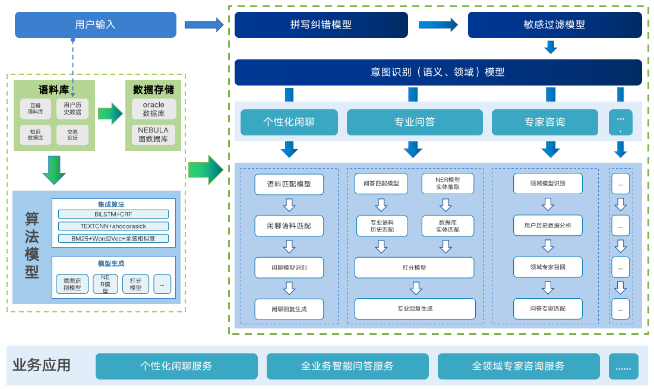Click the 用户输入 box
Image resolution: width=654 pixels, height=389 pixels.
[96, 25]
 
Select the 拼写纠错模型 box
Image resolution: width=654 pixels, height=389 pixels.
[321, 25]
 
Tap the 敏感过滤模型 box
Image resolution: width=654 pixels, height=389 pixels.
[555, 25]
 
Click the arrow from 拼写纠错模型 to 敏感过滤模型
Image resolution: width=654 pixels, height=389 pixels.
[438, 25]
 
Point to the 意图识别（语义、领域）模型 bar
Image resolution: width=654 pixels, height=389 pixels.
[438, 72]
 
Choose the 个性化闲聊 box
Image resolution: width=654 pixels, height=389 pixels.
[289, 122]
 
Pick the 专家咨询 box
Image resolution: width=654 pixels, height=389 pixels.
[544, 122]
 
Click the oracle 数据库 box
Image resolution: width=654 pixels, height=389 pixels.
[154, 109]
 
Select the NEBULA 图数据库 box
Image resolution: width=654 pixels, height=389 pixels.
[154, 135]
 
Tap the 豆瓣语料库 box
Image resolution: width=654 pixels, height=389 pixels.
[36, 109]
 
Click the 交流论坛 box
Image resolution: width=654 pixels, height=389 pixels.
[72, 135]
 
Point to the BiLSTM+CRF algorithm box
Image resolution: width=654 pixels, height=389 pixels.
[113, 214]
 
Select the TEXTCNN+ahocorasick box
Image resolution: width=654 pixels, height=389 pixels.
[113, 226]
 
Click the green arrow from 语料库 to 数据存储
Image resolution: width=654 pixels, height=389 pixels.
[110, 113]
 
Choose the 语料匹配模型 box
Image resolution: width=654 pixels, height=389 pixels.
[289, 184]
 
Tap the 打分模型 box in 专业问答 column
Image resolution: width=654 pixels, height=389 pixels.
[414, 268]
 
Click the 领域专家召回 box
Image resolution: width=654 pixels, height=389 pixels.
[548, 267]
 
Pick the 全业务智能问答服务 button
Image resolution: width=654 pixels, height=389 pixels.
[347, 366]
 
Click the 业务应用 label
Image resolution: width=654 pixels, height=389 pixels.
[42, 365]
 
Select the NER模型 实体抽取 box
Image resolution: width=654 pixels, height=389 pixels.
[448, 184]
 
